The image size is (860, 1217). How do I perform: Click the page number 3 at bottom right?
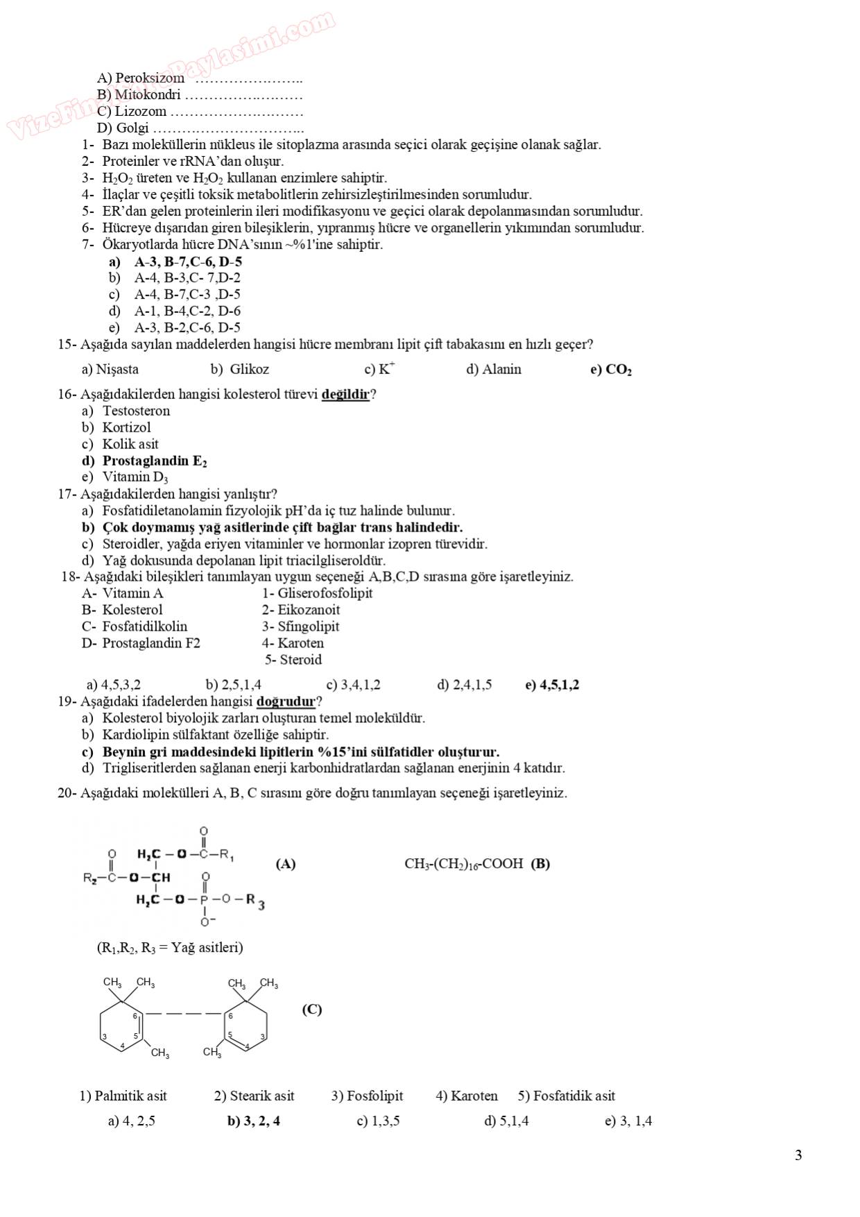[x=798, y=1155]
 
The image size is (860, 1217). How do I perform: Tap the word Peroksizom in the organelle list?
[x=149, y=78]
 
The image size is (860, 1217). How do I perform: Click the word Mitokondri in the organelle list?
[x=147, y=95]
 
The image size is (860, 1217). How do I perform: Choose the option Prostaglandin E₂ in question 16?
[x=154, y=461]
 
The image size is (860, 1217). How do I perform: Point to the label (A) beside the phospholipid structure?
[x=286, y=864]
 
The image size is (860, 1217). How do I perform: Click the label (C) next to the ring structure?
[x=312, y=1010]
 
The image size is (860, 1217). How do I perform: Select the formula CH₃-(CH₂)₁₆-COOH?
[x=463, y=864]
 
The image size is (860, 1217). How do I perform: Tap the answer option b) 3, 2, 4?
[x=254, y=1121]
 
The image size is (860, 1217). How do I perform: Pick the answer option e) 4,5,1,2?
[x=552, y=686]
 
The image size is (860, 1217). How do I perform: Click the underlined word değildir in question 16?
[x=345, y=395]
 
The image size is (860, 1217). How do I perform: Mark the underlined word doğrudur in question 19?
[x=286, y=701]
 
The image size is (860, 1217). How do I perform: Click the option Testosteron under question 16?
[x=136, y=411]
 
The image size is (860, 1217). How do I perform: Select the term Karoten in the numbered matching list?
[x=300, y=643]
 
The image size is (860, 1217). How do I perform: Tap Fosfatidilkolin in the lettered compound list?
[x=144, y=627]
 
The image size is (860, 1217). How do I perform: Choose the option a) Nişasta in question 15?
[x=110, y=370]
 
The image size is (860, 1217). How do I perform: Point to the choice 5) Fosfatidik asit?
[x=566, y=1096]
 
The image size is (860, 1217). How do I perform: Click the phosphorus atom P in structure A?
[x=203, y=900]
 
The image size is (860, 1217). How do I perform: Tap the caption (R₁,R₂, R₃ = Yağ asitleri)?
[x=170, y=948]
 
